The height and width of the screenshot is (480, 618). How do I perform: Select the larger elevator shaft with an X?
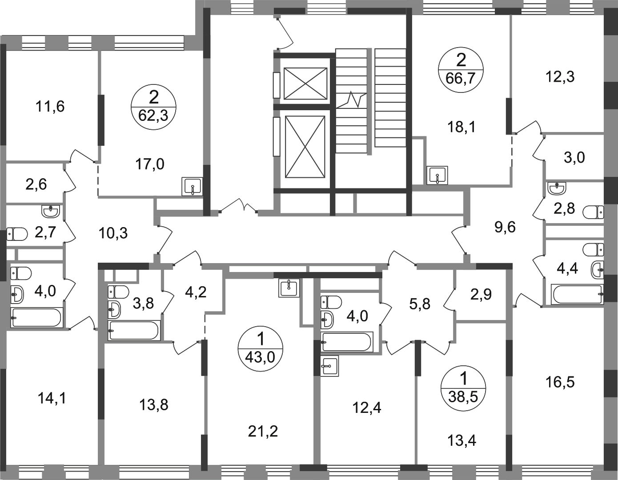pos(305,145)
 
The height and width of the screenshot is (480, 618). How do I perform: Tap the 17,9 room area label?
pos(151,165)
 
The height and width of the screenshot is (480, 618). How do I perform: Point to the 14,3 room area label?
pos(52,399)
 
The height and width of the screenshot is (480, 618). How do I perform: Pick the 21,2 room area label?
pos(261,430)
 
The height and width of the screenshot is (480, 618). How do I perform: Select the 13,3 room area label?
pos(560,77)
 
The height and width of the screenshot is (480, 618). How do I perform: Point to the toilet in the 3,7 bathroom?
pos(16,233)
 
